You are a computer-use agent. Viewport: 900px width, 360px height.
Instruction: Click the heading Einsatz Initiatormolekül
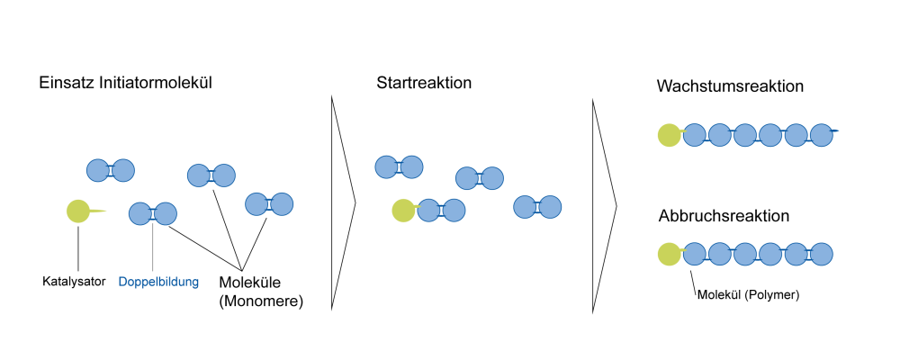click(x=126, y=83)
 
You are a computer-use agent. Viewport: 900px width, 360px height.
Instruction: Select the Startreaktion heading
click(x=424, y=83)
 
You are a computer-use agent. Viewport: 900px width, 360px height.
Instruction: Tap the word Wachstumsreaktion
click(x=730, y=86)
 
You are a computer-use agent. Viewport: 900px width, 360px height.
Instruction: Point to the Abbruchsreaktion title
click(x=724, y=217)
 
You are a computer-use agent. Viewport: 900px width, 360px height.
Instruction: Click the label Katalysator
click(x=74, y=282)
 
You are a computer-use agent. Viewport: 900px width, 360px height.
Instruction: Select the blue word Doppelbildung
click(x=158, y=282)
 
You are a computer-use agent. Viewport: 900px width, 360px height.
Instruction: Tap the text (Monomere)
click(x=261, y=301)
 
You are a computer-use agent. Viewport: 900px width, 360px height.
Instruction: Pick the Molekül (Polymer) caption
click(x=749, y=295)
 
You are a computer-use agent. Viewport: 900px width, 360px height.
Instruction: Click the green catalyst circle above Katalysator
click(x=78, y=211)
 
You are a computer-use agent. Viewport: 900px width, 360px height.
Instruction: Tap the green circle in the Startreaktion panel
click(x=403, y=210)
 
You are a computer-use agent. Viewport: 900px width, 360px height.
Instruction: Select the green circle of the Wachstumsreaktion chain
click(x=670, y=135)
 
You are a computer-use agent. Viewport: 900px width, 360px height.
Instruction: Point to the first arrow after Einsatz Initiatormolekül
click(x=343, y=202)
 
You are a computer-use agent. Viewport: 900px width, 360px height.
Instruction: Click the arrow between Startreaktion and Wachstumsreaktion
click(x=604, y=205)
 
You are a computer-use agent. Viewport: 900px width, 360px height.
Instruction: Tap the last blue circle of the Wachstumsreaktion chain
click(x=822, y=135)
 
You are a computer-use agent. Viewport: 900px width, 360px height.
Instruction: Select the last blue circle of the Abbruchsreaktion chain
click(x=822, y=255)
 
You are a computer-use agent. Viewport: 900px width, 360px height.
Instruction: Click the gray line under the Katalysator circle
click(x=78, y=247)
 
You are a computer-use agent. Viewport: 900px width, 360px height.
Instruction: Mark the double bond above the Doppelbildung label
click(x=152, y=214)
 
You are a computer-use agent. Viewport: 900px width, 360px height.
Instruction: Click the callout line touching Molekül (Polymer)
click(x=693, y=280)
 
